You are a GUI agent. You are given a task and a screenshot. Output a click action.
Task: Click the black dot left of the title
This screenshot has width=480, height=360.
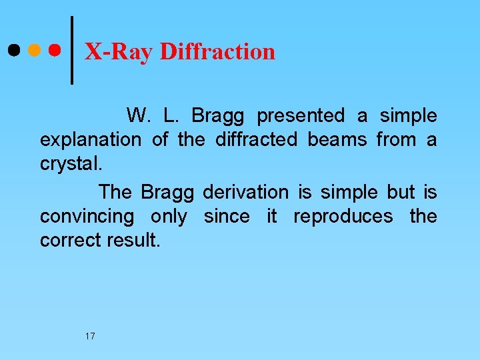click(x=13, y=50)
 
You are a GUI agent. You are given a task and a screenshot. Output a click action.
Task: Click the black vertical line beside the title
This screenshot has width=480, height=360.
click(x=71, y=50)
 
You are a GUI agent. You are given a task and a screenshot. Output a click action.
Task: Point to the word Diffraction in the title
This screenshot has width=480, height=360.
click(x=217, y=51)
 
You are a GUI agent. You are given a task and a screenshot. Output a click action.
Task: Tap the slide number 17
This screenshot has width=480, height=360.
click(x=90, y=336)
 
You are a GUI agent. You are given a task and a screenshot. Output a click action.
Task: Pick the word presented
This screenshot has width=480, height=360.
click(x=301, y=117)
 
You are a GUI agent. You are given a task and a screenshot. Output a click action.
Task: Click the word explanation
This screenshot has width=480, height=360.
click(x=91, y=141)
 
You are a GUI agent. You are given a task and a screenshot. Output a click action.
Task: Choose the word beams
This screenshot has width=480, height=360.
click(x=337, y=140)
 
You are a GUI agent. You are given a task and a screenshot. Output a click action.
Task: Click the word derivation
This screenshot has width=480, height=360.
click(x=245, y=193)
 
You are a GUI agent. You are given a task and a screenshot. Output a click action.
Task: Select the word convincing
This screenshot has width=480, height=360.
click(x=87, y=217)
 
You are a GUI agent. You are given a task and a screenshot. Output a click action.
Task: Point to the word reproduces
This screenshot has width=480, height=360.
click(x=343, y=217)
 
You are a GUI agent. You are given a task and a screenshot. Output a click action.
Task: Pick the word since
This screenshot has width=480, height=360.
click(x=227, y=217)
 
